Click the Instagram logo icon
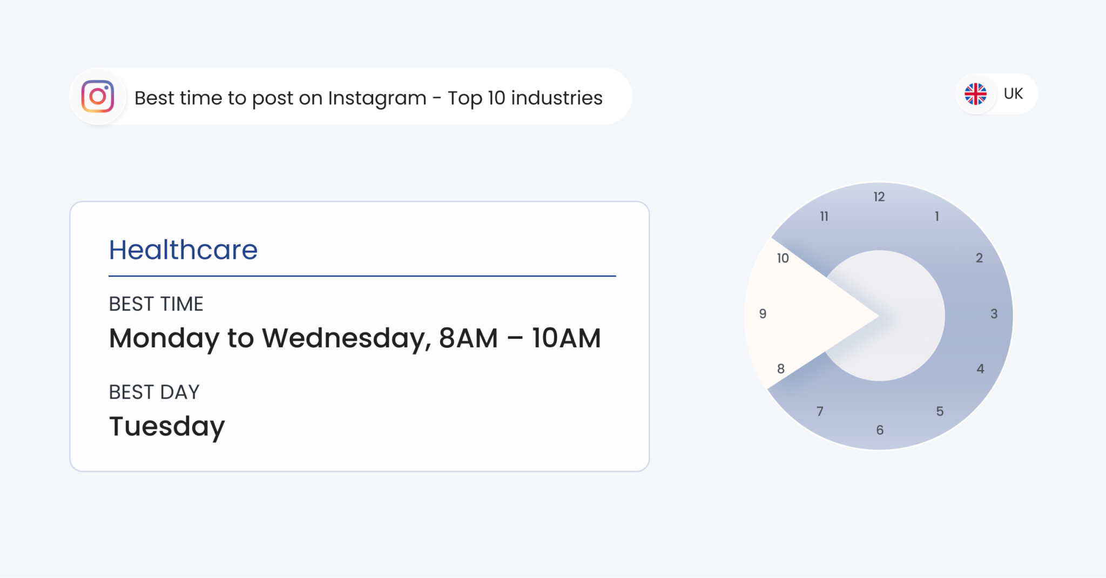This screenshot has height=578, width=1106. coord(98,97)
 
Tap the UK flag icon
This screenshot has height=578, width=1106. coord(975,94)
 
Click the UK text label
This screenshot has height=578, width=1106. coord(1013,94)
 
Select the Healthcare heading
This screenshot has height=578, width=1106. coord(183,250)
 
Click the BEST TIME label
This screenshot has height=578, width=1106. coord(156,304)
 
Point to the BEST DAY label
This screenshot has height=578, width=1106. coord(154,392)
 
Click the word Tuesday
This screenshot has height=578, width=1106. coord(167,427)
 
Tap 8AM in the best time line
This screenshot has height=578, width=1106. coord(468,339)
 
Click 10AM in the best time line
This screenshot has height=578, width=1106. coord(566,339)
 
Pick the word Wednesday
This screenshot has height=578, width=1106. coord(346,339)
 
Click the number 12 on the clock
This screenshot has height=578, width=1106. coord(879,197)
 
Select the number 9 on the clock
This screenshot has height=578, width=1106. coord(763,314)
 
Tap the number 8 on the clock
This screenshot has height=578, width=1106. coord(781,369)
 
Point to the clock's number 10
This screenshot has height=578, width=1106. coord(783,259)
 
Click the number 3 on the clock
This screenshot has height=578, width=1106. coord(994,314)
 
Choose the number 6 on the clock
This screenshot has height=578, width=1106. coord(880,430)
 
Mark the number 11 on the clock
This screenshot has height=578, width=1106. coord(824,217)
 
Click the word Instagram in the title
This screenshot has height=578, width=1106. coord(377,98)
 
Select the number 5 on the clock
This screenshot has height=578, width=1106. coord(940,412)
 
